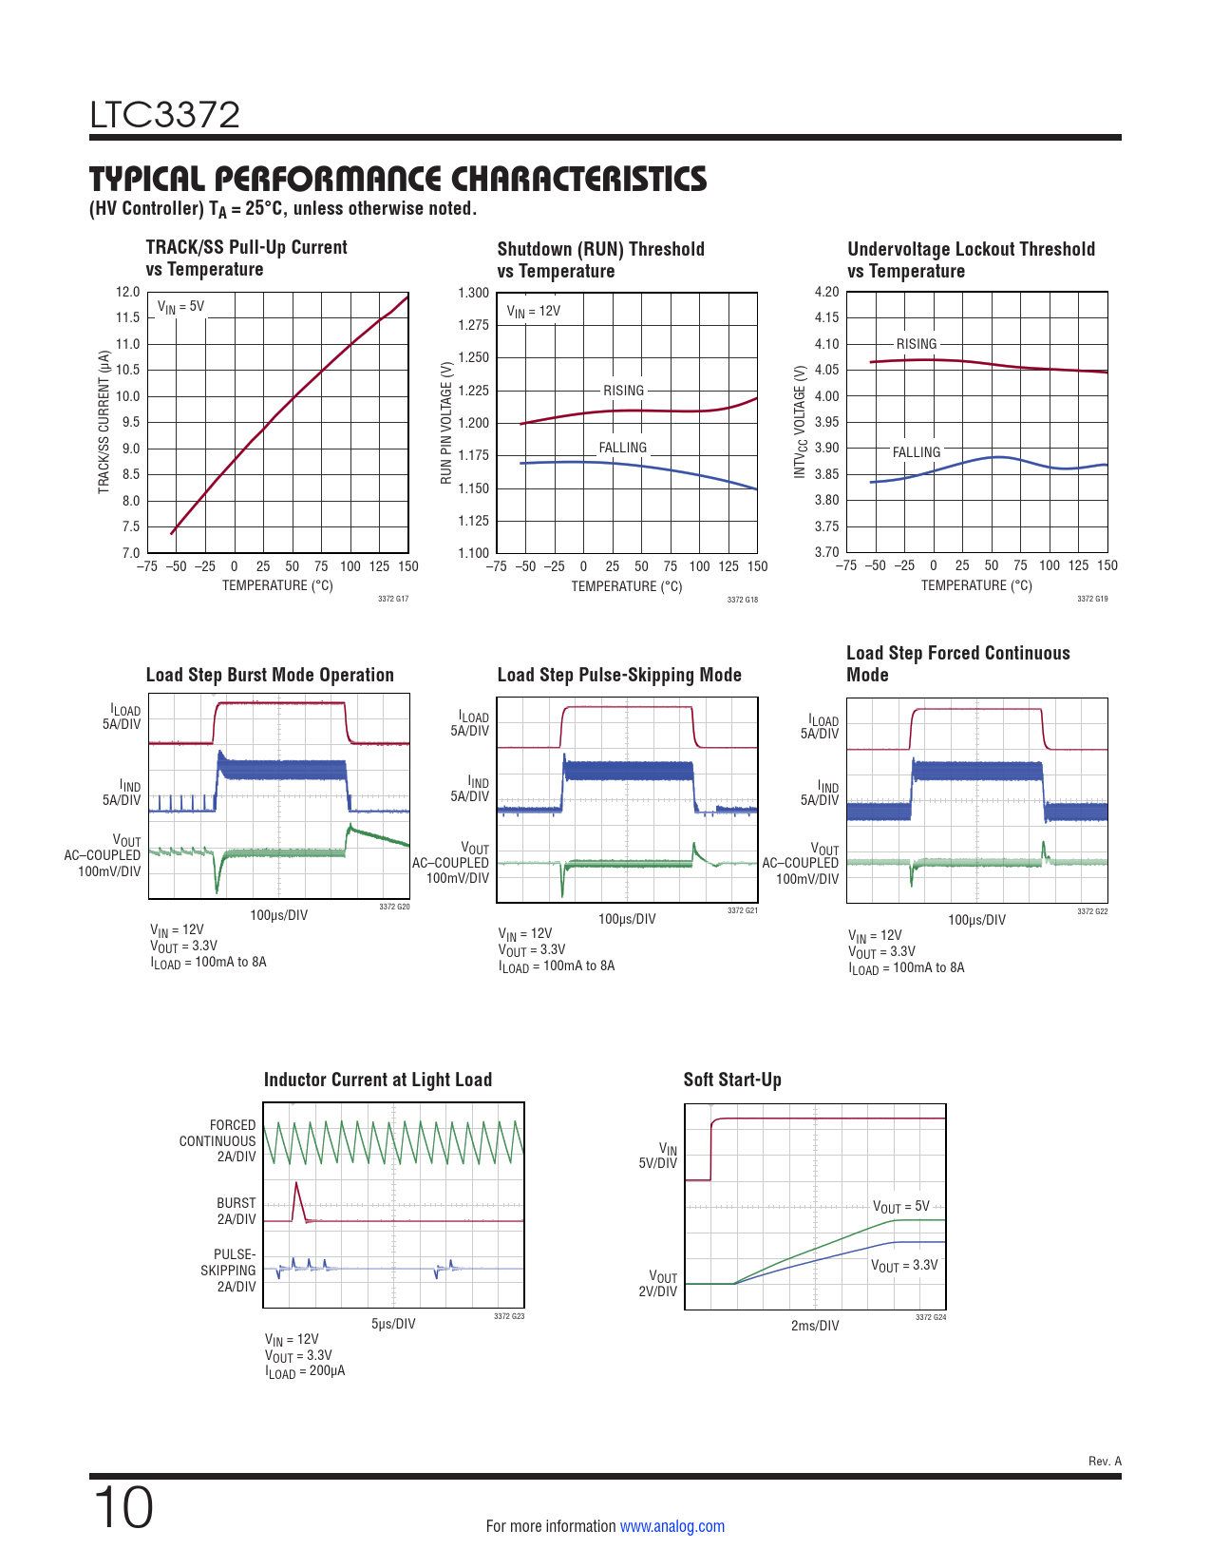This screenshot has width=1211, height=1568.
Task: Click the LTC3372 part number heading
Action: pyautogui.click(x=164, y=115)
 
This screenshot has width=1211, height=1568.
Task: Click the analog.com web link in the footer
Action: pyautogui.click(x=672, y=1526)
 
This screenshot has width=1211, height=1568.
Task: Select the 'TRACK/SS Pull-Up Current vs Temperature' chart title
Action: pyautogui.click(x=246, y=258)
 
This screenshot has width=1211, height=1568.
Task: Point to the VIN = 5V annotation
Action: pyautogui.click(x=180, y=307)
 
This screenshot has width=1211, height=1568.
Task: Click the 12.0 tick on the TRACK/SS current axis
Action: pyautogui.click(x=127, y=293)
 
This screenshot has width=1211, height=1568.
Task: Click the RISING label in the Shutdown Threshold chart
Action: pyautogui.click(x=623, y=391)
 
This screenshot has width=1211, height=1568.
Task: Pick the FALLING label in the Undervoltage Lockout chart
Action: pyautogui.click(x=916, y=452)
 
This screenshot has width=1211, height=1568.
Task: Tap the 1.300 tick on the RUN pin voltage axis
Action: pyautogui.click(x=473, y=293)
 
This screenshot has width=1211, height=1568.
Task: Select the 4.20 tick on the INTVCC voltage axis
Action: pyautogui.click(x=826, y=293)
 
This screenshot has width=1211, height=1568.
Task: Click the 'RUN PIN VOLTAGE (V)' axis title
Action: pyautogui.click(x=446, y=422)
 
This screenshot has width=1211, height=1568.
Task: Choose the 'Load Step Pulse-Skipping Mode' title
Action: pyautogui.click(x=618, y=675)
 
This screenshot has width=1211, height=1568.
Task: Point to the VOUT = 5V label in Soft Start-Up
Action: pyautogui.click(x=900, y=1207)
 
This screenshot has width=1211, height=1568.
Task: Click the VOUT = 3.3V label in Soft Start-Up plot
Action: pyautogui.click(x=903, y=1266)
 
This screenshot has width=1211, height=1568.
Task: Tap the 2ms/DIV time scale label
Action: pyautogui.click(x=815, y=1326)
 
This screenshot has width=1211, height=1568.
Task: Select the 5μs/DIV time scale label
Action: pyautogui.click(x=392, y=1324)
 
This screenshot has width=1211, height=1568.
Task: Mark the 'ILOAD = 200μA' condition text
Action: pyautogui.click(x=305, y=1371)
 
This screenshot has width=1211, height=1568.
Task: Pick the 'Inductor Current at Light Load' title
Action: pyautogui.click(x=377, y=1080)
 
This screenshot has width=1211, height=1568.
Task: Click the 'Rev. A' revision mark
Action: pyautogui.click(x=1104, y=1462)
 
